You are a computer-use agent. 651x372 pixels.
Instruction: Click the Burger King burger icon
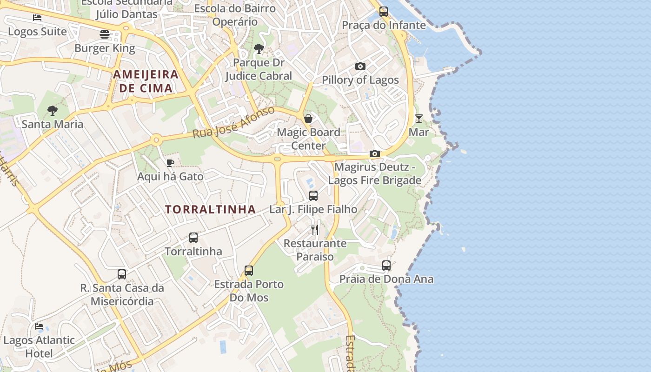(105, 34)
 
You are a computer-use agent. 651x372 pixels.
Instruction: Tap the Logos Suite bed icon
(37, 18)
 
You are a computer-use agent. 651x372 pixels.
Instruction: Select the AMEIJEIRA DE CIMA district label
(146, 81)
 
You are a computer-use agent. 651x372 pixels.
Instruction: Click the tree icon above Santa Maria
(53, 110)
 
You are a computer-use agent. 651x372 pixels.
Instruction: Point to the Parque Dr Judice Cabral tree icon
(259, 48)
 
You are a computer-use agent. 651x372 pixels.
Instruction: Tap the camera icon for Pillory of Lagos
(360, 66)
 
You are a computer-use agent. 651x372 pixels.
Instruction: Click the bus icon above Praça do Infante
(384, 12)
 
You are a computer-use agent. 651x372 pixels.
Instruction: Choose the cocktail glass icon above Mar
(419, 118)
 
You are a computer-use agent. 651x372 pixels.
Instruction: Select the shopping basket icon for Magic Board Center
(308, 119)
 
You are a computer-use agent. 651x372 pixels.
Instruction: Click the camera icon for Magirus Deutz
(375, 153)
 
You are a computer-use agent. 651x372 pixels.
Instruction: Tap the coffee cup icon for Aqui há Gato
(170, 163)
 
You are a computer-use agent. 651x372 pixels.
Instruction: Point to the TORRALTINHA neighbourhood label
(210, 209)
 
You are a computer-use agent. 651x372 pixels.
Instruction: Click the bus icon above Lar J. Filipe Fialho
(313, 196)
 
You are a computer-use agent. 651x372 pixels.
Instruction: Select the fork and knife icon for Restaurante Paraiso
(315, 229)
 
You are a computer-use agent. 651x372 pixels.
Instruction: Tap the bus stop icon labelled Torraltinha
(193, 238)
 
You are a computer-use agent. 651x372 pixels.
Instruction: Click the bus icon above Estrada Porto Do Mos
(249, 270)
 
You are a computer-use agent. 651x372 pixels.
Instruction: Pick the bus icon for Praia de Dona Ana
(386, 266)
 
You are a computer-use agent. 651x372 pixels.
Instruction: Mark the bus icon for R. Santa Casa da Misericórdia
(122, 274)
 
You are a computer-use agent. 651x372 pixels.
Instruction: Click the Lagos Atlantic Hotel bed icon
(39, 326)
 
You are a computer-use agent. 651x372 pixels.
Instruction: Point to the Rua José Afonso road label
(234, 122)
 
